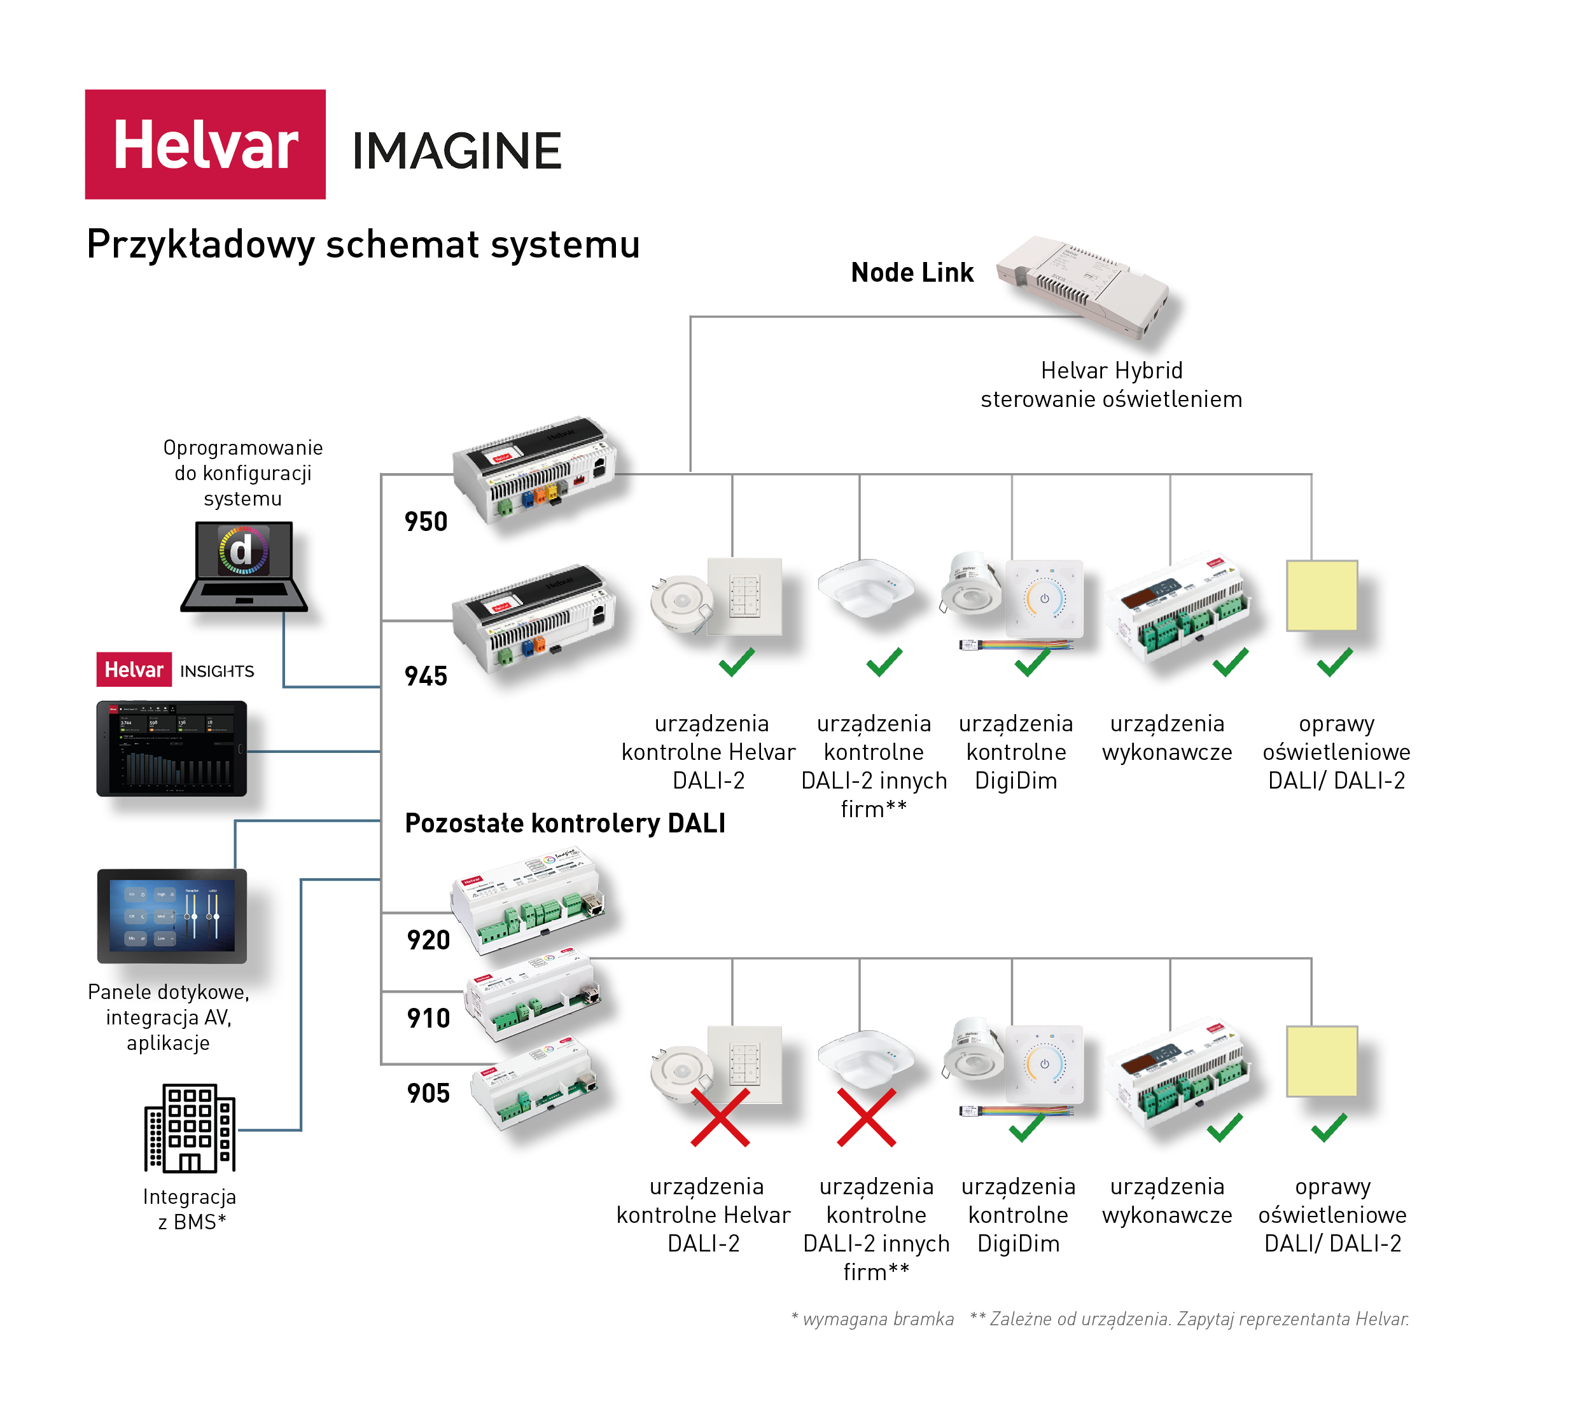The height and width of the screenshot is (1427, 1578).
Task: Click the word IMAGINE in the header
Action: pyautogui.click(x=456, y=151)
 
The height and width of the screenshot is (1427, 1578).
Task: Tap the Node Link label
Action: pyautogui.click(x=912, y=272)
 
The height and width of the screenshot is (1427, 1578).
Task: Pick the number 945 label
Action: pyautogui.click(x=426, y=676)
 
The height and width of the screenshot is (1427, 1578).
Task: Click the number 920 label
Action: pyautogui.click(x=428, y=940)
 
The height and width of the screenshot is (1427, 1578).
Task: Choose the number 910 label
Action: pyautogui.click(x=428, y=1018)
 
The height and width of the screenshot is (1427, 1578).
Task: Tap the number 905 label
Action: pyautogui.click(x=428, y=1093)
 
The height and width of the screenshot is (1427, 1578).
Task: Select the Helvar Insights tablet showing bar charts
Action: pyautogui.click(x=171, y=748)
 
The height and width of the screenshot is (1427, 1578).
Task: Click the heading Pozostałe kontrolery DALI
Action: pyautogui.click(x=565, y=823)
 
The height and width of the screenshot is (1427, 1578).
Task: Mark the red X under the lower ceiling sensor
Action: pyautogui.click(x=867, y=1118)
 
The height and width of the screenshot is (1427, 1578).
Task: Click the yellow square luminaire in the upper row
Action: pyautogui.click(x=1322, y=595)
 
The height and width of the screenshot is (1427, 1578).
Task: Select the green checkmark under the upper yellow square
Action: pyautogui.click(x=1334, y=662)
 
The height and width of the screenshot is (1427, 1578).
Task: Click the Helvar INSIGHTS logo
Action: pyautogui.click(x=176, y=670)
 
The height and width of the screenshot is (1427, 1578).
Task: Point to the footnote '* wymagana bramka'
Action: pyautogui.click(x=873, y=1319)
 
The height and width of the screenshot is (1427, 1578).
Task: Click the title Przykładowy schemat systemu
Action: pyautogui.click(x=363, y=244)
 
